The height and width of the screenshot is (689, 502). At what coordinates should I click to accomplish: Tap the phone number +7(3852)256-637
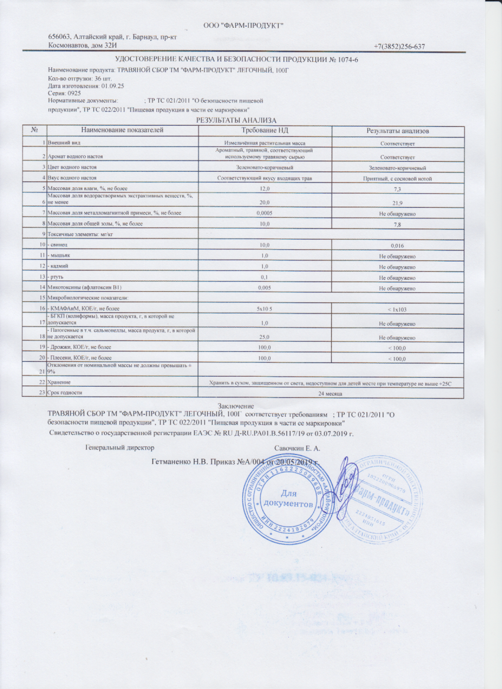click(400, 47)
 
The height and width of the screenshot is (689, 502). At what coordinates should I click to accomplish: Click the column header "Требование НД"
click(265, 130)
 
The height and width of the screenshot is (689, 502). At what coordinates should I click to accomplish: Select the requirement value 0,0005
click(264, 213)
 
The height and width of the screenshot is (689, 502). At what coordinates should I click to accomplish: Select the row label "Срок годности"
click(65, 393)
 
